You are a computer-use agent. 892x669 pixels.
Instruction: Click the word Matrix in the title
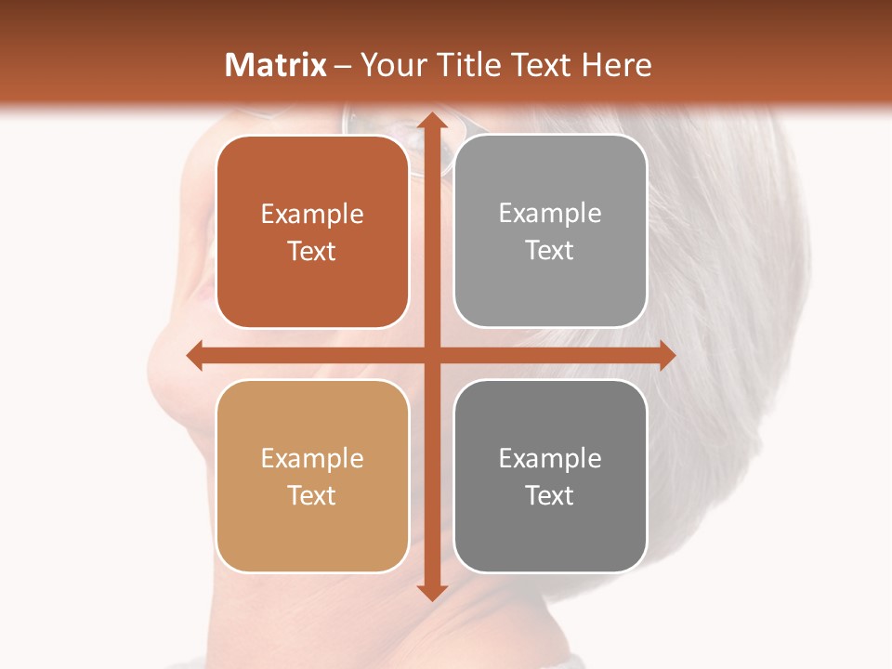coord(276,65)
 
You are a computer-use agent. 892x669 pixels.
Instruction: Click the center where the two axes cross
coord(431,355)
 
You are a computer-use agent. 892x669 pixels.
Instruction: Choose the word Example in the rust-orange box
coord(312,214)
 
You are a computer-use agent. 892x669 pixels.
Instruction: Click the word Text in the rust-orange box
coord(312,251)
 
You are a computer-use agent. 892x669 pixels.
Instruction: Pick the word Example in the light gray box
coord(550,213)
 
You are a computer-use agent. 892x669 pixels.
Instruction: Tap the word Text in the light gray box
coord(550,250)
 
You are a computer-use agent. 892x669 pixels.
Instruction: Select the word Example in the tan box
coord(312,458)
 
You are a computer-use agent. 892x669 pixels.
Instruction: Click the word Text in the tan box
coord(312,495)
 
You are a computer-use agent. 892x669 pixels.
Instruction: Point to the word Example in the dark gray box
coord(550,458)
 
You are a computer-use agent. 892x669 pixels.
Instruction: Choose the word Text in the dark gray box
coord(550,495)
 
